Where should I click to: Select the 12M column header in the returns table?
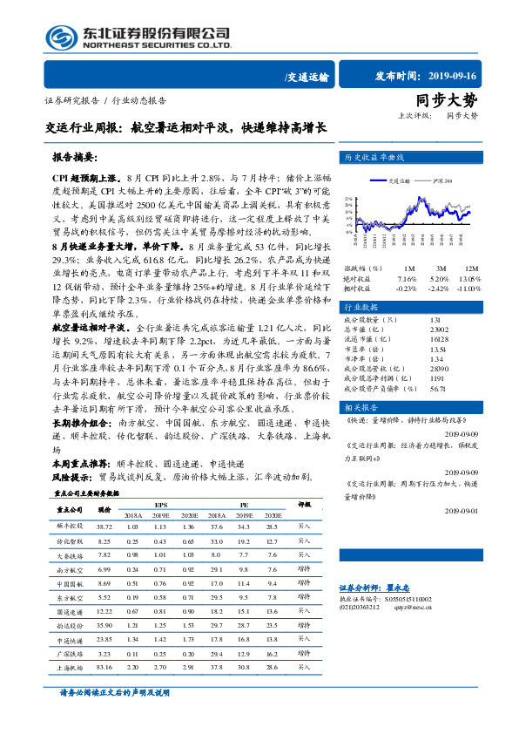click(x=470, y=268)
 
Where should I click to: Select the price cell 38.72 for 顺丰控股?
click(x=104, y=527)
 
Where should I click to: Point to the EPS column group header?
click(x=161, y=504)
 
